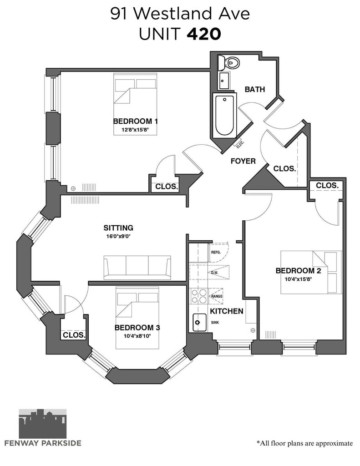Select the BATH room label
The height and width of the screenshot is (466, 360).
(255, 89)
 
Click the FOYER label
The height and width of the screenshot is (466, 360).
(243, 161)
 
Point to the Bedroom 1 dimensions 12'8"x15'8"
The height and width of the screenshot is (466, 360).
(135, 130)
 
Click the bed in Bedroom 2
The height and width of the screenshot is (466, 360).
(311, 272)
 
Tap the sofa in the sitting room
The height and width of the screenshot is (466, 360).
(137, 267)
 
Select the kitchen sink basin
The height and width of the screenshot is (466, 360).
(199, 322)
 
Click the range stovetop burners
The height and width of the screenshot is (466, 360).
(199, 296)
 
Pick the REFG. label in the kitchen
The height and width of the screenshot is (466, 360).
(216, 252)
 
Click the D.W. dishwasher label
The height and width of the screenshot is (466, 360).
(214, 273)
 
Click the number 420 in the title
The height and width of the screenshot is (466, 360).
(204, 34)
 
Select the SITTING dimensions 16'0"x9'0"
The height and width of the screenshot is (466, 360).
(118, 237)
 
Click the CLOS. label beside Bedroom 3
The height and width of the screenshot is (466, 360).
(74, 335)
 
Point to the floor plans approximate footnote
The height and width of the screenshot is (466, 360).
(305, 443)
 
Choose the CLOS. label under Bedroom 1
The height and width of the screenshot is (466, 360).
(167, 187)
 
